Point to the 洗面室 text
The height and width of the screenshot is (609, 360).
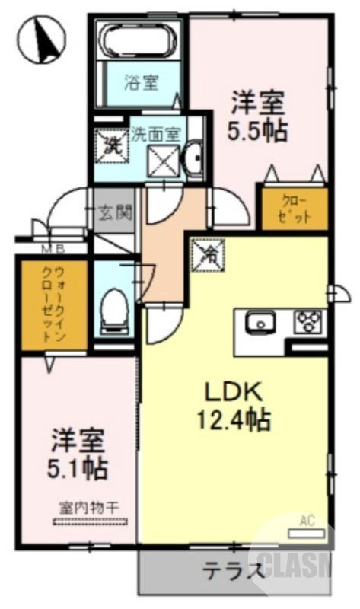click(x=155, y=134)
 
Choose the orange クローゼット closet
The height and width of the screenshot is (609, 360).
click(x=295, y=207)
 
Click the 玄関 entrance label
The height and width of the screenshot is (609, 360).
click(x=115, y=212)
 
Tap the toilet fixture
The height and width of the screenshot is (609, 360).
click(x=113, y=308)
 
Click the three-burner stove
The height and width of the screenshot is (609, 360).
click(x=308, y=320)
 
